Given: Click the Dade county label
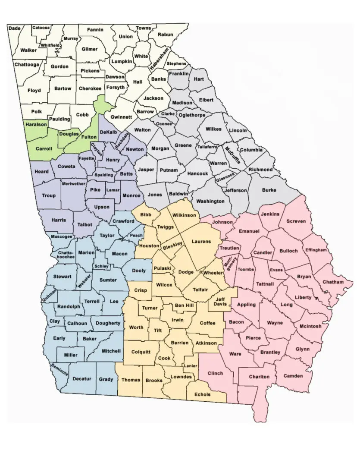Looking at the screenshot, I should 14,28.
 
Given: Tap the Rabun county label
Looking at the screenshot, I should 165,35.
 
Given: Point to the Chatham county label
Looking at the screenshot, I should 333,282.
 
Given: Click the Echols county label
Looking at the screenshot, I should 202,394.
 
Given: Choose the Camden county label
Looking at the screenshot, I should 293,376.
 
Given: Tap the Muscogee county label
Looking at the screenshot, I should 61,236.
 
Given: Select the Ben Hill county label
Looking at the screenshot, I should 185,306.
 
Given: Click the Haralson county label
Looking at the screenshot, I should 37,124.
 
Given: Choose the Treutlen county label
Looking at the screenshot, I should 229,248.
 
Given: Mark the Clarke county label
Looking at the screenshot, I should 168,114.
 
